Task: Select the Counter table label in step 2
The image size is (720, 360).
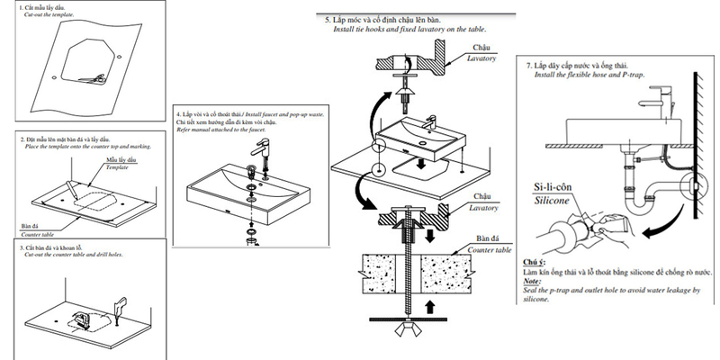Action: point(37,232)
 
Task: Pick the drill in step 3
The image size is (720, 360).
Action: point(120,307)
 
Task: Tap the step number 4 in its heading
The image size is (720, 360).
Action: point(179,115)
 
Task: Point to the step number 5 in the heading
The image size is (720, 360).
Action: point(328,18)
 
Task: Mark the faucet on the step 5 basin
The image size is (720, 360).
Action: point(428,123)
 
